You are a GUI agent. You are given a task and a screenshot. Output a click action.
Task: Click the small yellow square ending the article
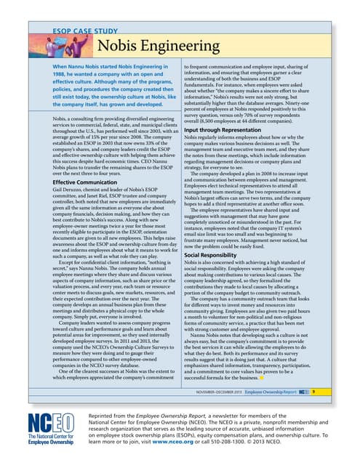263,378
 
